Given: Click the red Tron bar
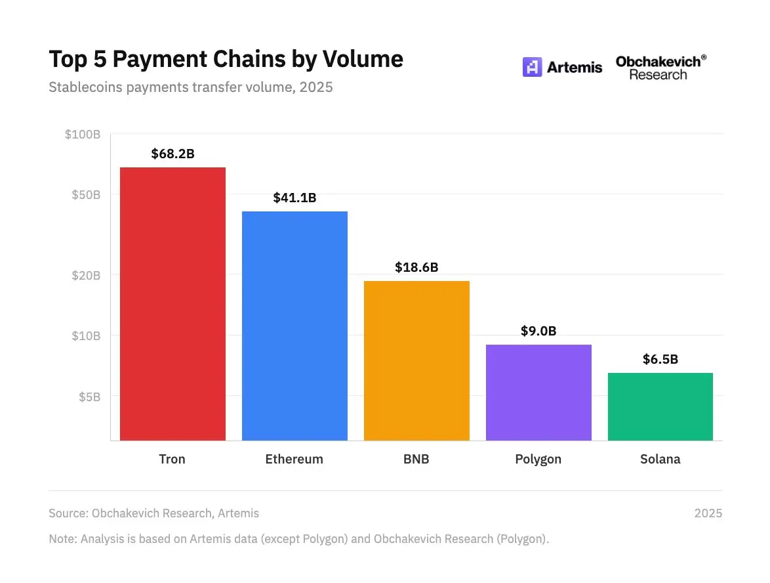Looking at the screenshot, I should [x=172, y=303].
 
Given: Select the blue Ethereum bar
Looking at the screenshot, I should [x=294, y=325].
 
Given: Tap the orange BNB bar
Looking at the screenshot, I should [x=416, y=360].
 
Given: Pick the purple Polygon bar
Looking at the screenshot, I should [x=538, y=392].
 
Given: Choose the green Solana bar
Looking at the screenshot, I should [x=660, y=406].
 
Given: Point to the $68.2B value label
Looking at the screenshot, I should [x=172, y=154].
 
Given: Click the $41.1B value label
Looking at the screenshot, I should [x=294, y=198].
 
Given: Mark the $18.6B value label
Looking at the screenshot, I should [x=416, y=267].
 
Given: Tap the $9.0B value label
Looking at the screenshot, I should [x=538, y=331].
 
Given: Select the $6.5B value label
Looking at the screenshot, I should [x=660, y=359].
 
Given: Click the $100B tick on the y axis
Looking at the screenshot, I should [x=83, y=135].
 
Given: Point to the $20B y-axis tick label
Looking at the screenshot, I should [x=86, y=275].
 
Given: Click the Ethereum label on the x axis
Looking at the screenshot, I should [x=294, y=459].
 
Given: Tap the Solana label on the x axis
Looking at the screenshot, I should [x=660, y=459].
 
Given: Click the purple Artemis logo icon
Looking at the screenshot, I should [x=532, y=67].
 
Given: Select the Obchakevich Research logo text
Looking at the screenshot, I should [x=660, y=68].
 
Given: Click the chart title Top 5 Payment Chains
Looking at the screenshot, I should [x=226, y=59].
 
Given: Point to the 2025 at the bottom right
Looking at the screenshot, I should [x=708, y=513].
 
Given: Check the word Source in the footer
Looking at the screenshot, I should [x=68, y=513].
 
